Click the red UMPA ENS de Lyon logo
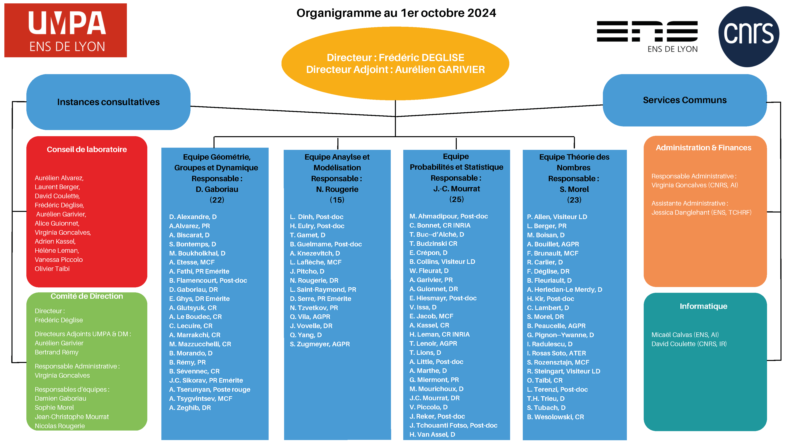coord(66,30)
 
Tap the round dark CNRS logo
coord(749,37)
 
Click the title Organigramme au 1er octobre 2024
coord(396,13)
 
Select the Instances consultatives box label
coord(108,102)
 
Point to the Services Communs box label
coord(685,100)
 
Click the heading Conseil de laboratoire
coord(87,149)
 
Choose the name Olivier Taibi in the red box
coord(52,269)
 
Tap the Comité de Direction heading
coord(87,296)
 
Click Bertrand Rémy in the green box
coord(57,352)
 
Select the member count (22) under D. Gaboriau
coord(217,200)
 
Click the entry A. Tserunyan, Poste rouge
coord(210,389)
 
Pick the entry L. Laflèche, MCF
coord(316,262)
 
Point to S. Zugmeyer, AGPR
coord(320,344)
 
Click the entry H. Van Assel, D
coord(432,434)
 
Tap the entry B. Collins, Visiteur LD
coord(442,262)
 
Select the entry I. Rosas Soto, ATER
coord(556,353)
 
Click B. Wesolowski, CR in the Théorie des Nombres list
coord(555,417)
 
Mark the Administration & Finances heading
coord(703,148)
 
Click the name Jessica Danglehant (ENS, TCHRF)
coord(701,212)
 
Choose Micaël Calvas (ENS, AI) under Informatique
coord(685,335)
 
